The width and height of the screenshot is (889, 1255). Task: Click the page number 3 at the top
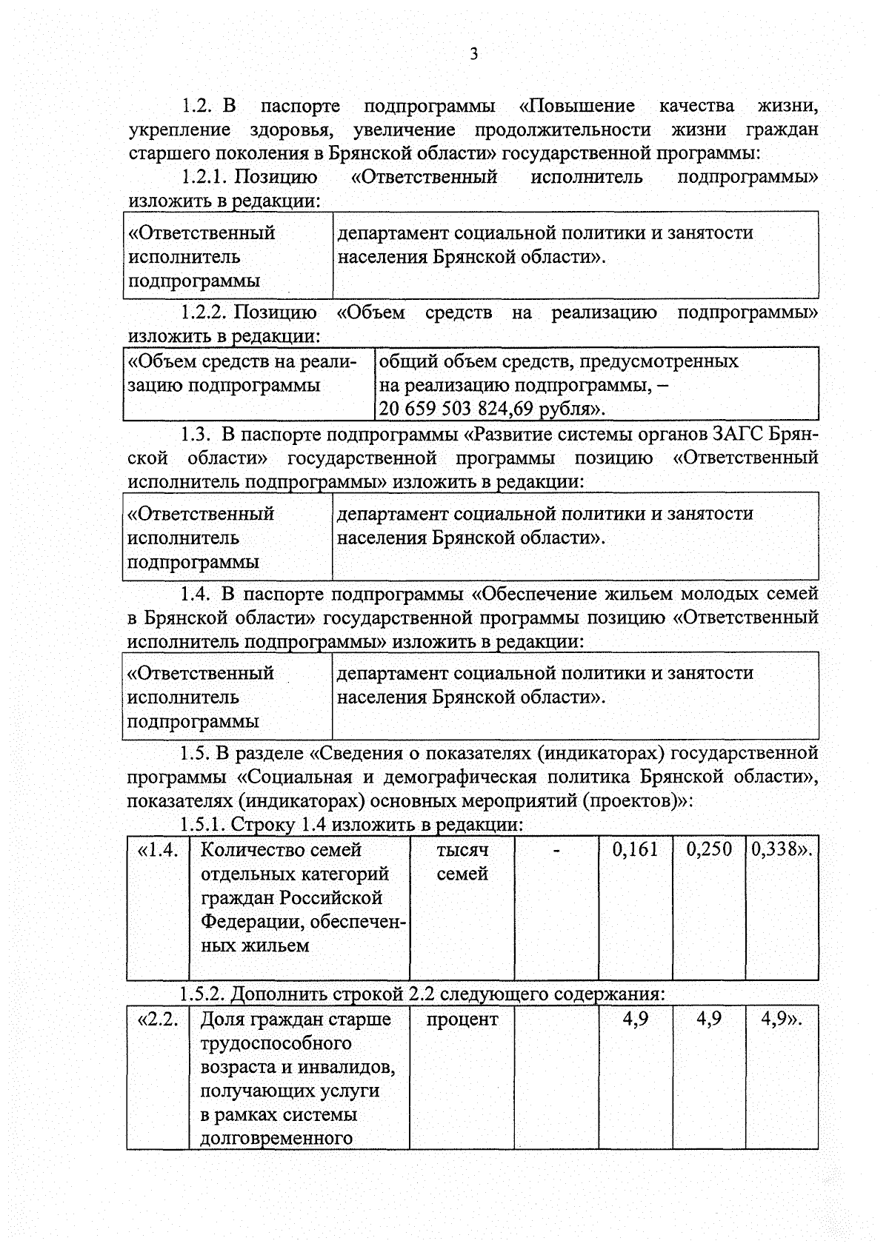[474, 53]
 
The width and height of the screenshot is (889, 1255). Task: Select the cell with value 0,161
[635, 849]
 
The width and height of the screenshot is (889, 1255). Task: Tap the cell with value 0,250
[708, 849]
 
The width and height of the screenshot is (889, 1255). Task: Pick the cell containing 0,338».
[782, 849]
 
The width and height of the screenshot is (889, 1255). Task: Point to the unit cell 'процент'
[462, 1019]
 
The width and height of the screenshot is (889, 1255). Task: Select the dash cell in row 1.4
[556, 849]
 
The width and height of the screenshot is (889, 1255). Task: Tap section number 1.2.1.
[204, 177]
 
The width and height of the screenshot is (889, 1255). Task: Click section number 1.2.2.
[204, 312]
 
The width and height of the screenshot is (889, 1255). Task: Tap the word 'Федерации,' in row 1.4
[252, 922]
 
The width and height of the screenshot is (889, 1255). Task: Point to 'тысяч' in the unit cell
[462, 849]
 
